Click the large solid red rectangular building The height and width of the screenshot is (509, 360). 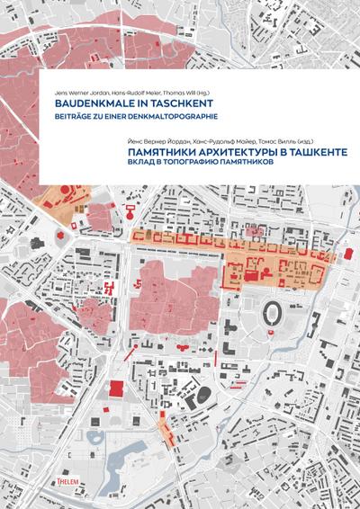coord(116,388)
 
